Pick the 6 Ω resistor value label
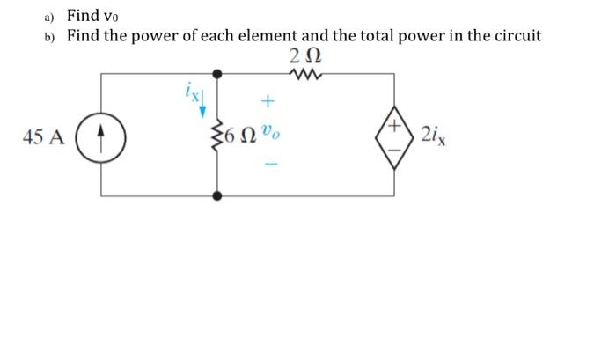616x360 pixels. (243, 137)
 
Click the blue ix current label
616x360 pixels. (191, 89)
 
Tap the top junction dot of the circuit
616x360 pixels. (216, 74)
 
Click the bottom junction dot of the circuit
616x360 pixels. (216, 193)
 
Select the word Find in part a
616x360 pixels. (84, 15)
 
